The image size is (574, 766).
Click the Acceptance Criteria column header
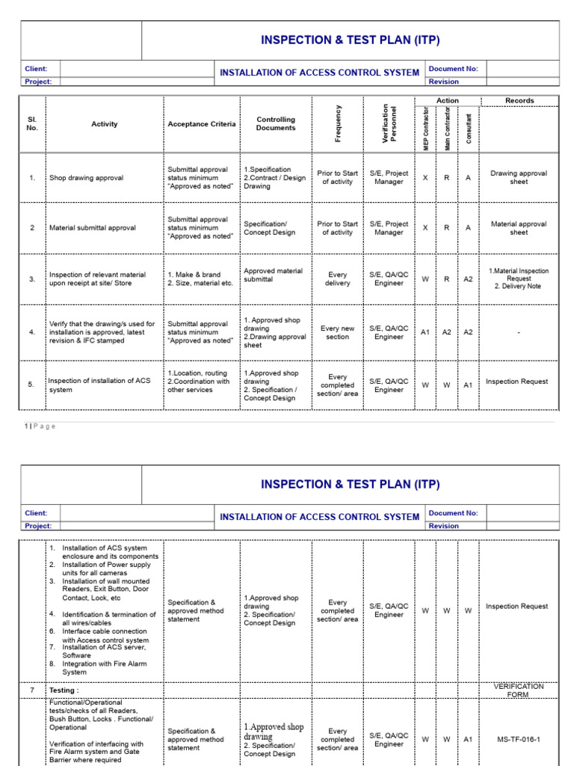click(201, 124)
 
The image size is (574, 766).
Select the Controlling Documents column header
click(276, 123)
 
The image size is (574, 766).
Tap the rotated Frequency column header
click(338, 123)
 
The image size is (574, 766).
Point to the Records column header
click(519, 100)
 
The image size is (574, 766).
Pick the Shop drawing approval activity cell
click(86, 178)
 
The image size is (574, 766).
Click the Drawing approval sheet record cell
click(519, 177)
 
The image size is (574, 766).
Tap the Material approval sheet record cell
click(519, 228)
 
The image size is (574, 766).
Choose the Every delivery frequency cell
click(337, 279)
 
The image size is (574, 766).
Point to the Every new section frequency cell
click(337, 333)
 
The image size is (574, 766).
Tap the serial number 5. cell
click(31, 384)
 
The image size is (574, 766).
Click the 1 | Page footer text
click(39, 426)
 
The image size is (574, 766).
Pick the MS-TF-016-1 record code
click(519, 739)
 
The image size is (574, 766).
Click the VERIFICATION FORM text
click(519, 690)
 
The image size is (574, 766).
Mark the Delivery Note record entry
click(519, 286)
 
